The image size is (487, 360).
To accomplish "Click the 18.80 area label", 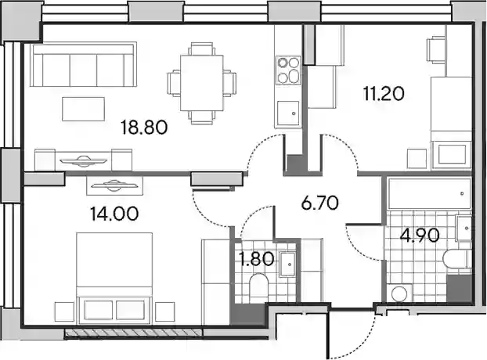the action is coord(144,128).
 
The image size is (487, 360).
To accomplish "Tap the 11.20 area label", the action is coord(384,94).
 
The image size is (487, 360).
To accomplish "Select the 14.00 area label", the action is coord(114,214).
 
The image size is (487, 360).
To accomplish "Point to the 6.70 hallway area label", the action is coord(320,203).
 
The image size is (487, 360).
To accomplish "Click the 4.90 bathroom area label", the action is coord(420,236).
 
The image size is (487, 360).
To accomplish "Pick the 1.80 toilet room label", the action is coord(258,259).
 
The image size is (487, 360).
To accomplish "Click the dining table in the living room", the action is coord(201,83).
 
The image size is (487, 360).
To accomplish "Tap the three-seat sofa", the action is coord(84,64).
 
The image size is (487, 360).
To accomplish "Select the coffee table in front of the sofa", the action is coord(83,109).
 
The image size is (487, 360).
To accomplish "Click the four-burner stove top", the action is coord(289,70).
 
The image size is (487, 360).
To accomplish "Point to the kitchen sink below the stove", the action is coord(288,113).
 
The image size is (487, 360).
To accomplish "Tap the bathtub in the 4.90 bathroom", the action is coord(429,193).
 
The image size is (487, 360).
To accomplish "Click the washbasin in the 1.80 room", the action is coord(287,265).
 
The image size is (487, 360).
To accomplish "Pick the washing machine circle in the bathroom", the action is coord(399,293).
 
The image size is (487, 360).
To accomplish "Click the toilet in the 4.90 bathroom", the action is coord(457,259).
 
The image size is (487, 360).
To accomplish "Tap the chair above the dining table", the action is coord(202,49).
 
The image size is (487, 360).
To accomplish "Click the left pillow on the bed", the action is coord(98,310).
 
